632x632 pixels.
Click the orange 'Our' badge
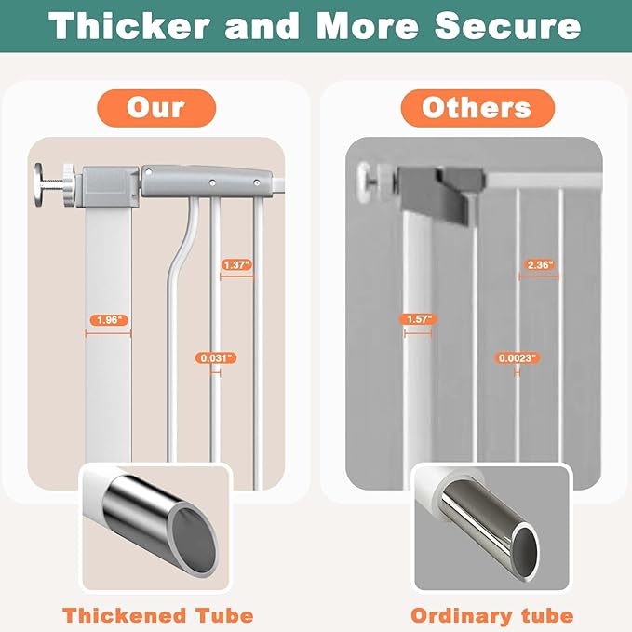(x=156, y=108)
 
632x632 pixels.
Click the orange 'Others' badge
(x=477, y=108)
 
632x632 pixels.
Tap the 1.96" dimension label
(x=109, y=320)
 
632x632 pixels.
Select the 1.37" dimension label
(x=237, y=265)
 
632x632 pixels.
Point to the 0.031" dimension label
(x=216, y=358)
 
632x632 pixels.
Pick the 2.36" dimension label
(x=540, y=265)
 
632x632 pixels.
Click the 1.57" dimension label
(x=418, y=319)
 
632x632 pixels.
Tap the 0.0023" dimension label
(x=518, y=358)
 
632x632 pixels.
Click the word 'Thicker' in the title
(x=129, y=26)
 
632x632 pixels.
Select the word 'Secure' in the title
(x=507, y=26)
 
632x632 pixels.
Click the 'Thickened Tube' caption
(x=158, y=615)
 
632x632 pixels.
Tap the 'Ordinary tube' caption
(x=491, y=615)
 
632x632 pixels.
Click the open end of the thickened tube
(x=194, y=539)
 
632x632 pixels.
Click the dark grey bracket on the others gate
(x=443, y=194)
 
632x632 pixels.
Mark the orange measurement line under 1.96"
(x=108, y=333)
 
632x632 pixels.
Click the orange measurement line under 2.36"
(x=539, y=276)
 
